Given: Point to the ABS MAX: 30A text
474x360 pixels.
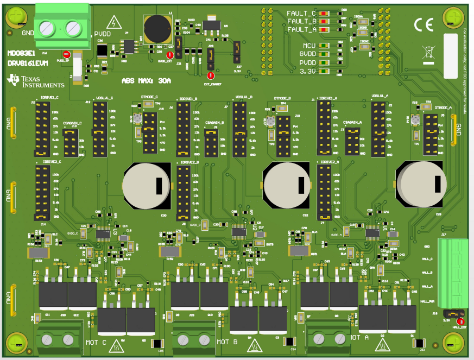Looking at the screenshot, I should tap(146, 80).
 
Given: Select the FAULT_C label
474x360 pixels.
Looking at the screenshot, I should tap(301, 13).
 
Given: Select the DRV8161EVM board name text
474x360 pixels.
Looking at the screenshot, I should tap(28, 64).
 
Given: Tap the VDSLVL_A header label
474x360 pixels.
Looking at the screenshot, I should tap(382, 96).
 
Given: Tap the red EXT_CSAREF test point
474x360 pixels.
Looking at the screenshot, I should tap(211, 75).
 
